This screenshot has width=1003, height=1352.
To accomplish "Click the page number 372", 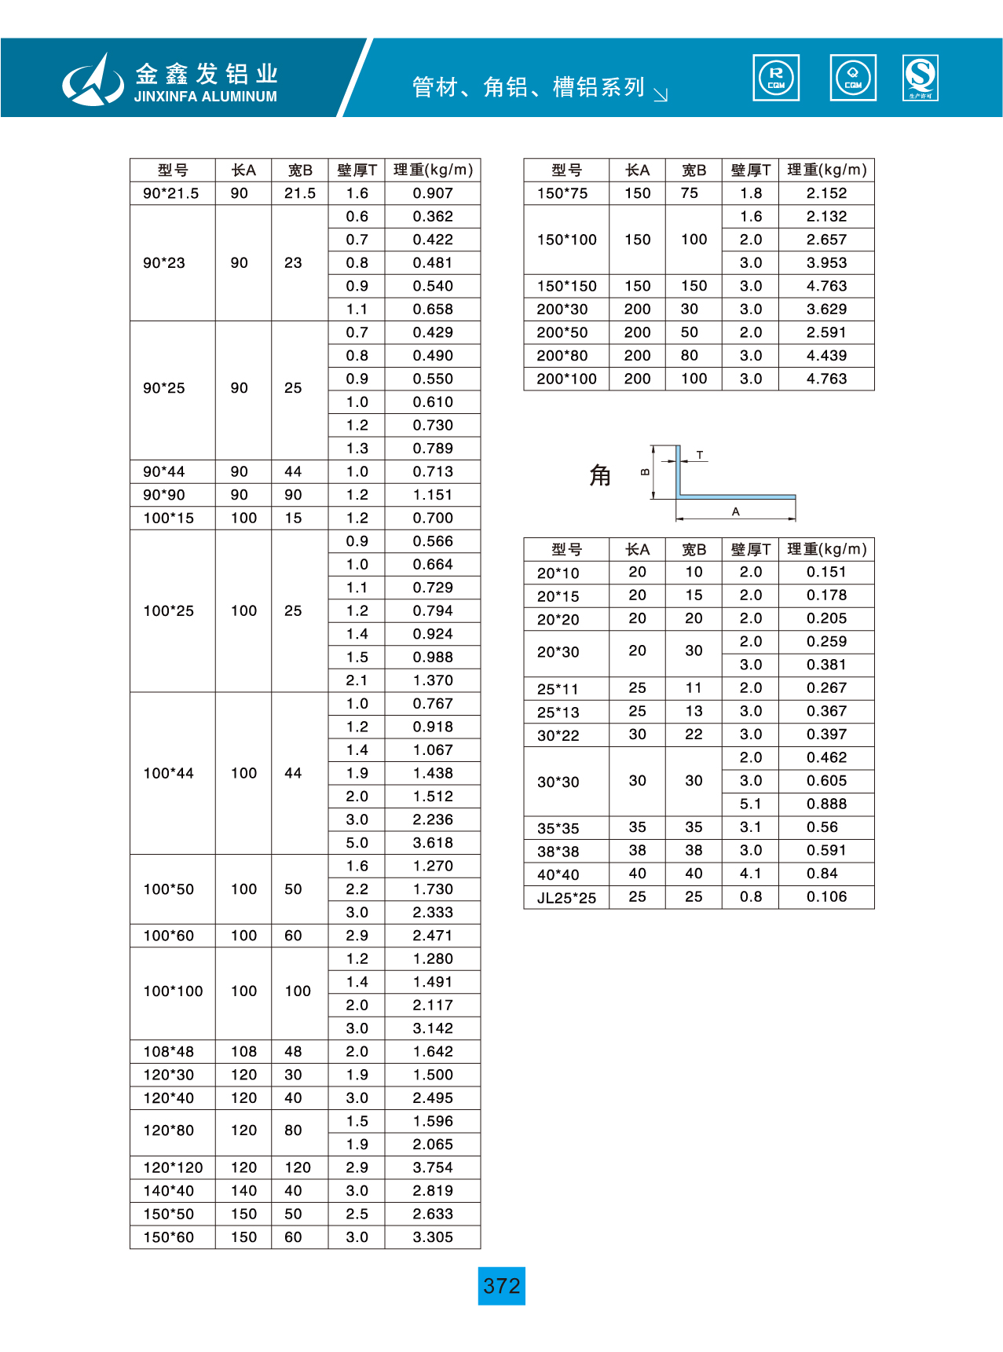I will (x=501, y=1286).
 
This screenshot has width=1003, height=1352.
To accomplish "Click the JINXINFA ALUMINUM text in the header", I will (x=205, y=97).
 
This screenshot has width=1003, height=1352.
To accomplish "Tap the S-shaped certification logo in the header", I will (x=921, y=78).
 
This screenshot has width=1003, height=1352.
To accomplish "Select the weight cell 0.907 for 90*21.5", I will (x=433, y=193).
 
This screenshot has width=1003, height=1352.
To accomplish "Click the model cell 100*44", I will (x=168, y=773).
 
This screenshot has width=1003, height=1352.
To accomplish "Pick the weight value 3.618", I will (x=433, y=843).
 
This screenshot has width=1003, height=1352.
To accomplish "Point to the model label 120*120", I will (x=173, y=1167).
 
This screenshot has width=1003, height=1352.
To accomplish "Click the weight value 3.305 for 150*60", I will (x=433, y=1237).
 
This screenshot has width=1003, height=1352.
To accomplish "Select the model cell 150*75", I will (x=562, y=193).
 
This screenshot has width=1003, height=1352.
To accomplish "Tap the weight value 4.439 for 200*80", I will (x=826, y=356).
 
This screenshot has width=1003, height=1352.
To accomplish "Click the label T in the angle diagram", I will (x=700, y=455).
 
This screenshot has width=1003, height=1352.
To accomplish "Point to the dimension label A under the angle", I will (x=736, y=511).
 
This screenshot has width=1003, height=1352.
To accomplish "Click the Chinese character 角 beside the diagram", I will (x=600, y=475).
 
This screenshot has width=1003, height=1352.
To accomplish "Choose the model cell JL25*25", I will (x=566, y=898).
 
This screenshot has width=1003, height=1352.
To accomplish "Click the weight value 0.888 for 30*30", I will (x=826, y=804).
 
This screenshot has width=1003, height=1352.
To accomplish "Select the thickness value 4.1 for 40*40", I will (x=750, y=874).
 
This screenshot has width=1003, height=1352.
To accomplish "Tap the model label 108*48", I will (x=168, y=1051).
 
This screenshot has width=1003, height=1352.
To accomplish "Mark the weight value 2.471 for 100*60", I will (x=433, y=936).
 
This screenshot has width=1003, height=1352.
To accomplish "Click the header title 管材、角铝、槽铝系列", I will (x=528, y=86).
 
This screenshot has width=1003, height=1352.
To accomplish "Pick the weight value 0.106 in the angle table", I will (x=826, y=897).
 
